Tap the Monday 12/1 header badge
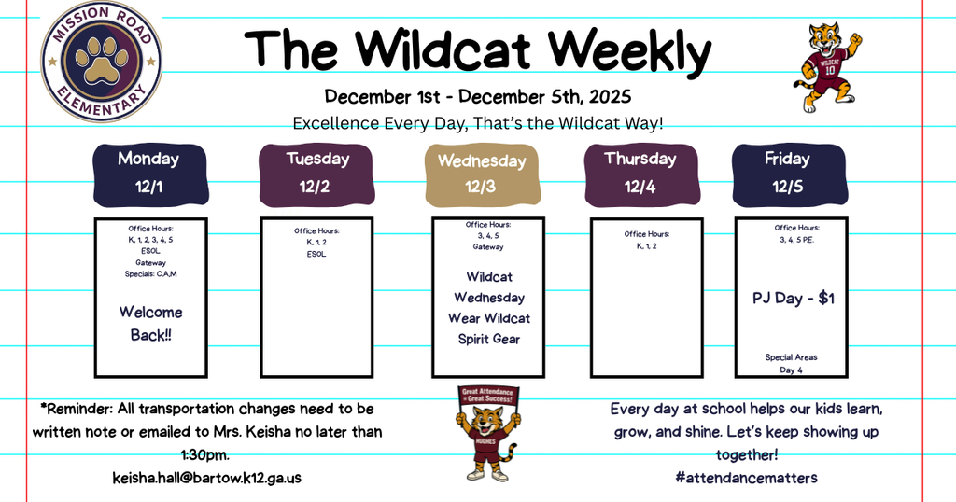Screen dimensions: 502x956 point(148,173)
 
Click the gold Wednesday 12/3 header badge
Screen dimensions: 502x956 point(482,174)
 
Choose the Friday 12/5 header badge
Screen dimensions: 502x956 point(787,173)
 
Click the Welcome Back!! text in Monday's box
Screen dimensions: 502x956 point(150,323)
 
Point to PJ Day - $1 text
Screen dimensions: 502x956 point(794,299)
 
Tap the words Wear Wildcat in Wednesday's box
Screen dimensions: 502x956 point(489,318)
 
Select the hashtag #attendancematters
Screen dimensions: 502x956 point(746,477)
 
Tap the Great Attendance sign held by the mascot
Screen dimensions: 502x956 point(487,396)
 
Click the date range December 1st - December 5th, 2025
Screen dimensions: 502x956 point(478,96)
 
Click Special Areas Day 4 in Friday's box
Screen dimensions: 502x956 point(792,363)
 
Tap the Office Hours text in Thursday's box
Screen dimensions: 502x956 point(647,234)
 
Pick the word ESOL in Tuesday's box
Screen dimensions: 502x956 point(316,254)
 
